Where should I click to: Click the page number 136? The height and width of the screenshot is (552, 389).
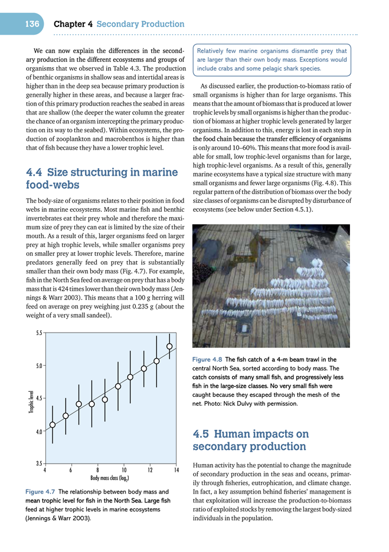click(32, 24)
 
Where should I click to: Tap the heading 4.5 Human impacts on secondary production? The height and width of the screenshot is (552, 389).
click(250, 440)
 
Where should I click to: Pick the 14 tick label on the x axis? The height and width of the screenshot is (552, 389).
click(176, 470)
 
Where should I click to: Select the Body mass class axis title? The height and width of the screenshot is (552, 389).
click(110, 479)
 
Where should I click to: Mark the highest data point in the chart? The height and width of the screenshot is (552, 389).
click(169, 346)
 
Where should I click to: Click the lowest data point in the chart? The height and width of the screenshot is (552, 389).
click(53, 425)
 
